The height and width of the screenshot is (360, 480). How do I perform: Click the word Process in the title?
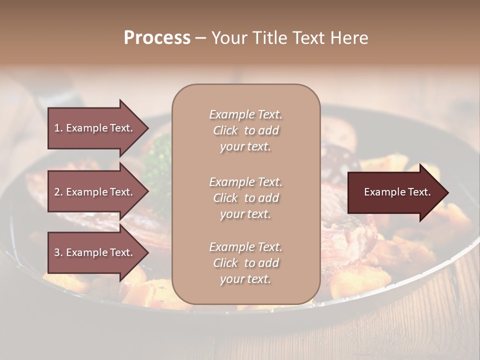coord(157,38)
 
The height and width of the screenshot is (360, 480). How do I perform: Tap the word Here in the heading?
coord(349,38)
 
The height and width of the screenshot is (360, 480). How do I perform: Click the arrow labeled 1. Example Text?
coord(95,128)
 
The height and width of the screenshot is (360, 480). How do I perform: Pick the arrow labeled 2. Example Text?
coord(95,192)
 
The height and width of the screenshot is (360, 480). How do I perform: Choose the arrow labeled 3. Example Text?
coord(95,252)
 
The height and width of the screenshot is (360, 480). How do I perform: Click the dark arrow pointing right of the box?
coord(395,192)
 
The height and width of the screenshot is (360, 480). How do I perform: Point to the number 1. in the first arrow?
coord(58,128)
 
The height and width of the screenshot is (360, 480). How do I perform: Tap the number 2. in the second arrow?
coord(58,192)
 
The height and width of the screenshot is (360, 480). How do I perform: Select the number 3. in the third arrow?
coord(58,252)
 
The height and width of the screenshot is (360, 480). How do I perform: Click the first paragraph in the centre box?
coord(245,130)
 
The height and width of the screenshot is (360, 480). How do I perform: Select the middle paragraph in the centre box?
coord(245,198)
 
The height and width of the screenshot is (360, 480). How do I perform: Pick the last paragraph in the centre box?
coord(245,263)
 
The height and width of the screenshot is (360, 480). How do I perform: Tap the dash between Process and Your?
coord(201,38)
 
